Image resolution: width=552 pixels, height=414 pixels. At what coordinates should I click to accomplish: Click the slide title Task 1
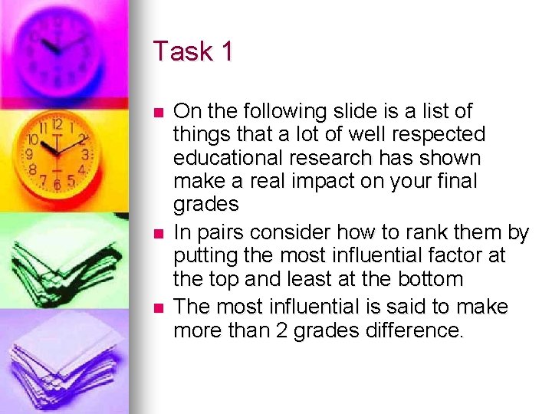[x=193, y=51]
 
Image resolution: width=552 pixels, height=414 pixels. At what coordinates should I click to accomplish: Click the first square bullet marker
[x=159, y=112]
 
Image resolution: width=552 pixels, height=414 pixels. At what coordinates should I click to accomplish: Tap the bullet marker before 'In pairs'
[x=159, y=232]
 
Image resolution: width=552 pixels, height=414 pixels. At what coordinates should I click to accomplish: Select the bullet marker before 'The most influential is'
[x=159, y=307]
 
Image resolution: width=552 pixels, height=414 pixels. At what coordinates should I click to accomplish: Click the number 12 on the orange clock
[x=57, y=123]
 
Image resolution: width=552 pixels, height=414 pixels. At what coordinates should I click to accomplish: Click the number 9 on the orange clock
[x=31, y=154]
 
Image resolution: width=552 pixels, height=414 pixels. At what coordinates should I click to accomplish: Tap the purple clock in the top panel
[x=61, y=46]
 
